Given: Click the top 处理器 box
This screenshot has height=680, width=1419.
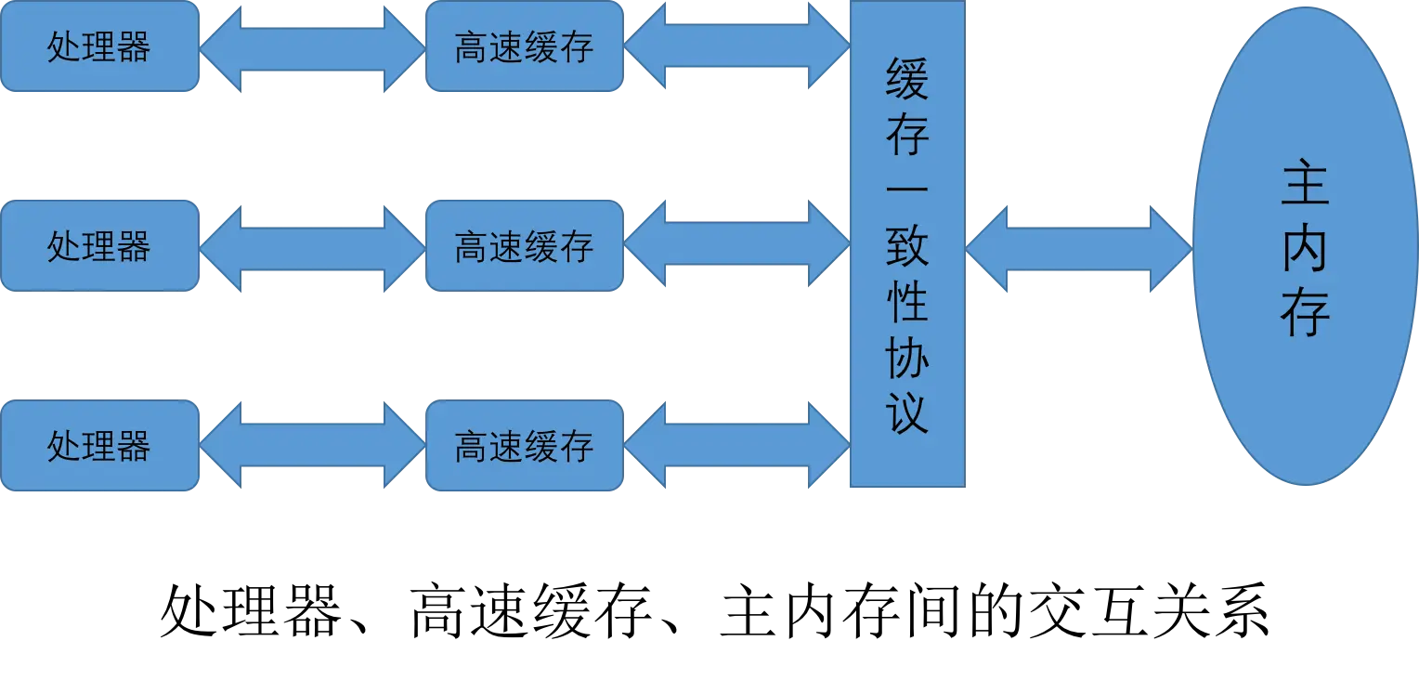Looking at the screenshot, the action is pos(100,46).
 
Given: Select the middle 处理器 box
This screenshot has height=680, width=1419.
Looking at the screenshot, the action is pos(100,246).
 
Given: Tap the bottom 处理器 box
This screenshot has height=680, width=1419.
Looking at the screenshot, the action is pos(100,446).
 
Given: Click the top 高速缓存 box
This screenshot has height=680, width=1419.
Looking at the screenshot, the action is pos(525,46).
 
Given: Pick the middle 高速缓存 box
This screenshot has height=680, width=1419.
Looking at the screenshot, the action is pos(525,246).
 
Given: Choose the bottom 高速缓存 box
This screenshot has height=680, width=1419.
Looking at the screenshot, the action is pos(525,446).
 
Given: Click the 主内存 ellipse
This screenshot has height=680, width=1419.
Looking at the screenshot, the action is pos(1306,246).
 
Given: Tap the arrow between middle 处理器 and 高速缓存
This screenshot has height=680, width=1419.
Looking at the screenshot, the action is pos(312,248).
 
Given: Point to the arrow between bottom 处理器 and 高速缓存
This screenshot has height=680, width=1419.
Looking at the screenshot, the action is pos(312,446).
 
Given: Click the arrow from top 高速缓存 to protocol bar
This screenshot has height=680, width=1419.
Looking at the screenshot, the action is pos(736,45).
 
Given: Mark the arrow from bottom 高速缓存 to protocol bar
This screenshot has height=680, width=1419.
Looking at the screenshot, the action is pos(736,446).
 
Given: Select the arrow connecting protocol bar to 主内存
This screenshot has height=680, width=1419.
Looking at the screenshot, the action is pos(1079,248).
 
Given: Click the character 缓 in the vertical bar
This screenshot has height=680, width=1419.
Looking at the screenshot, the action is pos(907,79).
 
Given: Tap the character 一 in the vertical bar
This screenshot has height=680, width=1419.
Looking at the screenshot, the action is pos(907,189).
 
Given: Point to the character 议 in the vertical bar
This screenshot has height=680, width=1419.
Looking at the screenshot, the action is pos(907,412).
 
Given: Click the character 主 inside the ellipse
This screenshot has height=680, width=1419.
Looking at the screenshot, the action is pos(1306,182).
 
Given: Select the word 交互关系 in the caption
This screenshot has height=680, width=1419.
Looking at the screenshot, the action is pos(1149,609).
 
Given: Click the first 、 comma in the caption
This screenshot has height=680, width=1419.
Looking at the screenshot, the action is pos(358,626).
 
